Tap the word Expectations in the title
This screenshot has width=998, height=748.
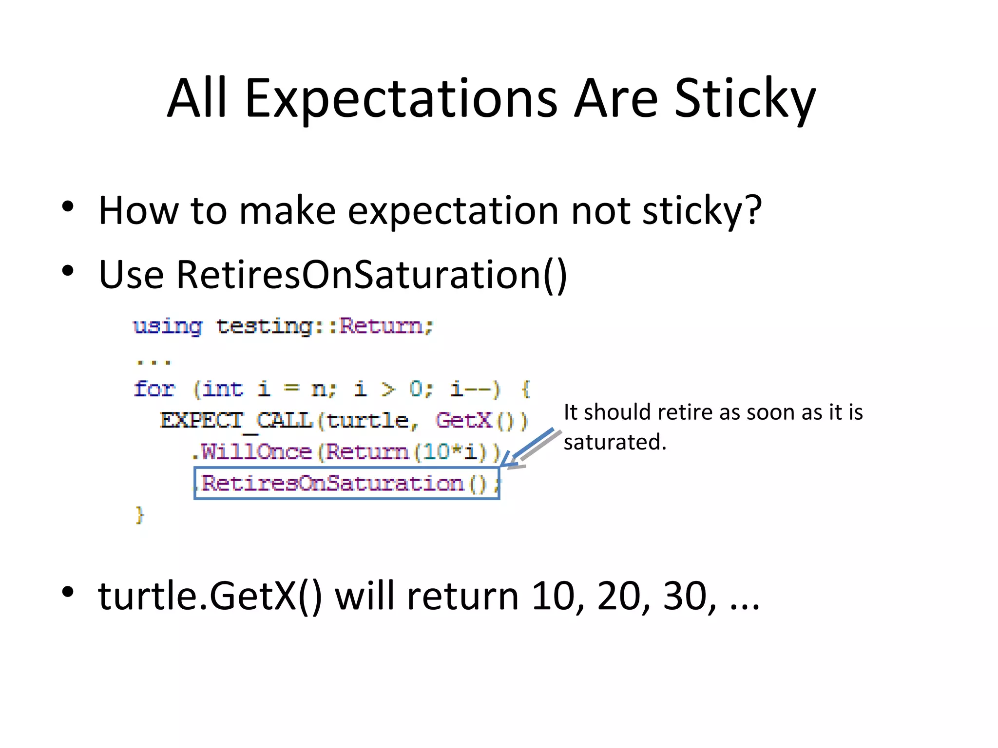(401, 99)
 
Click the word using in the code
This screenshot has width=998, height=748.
(168, 326)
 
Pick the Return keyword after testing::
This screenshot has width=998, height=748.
(382, 326)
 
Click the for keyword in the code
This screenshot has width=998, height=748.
(154, 389)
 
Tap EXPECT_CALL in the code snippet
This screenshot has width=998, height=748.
(236, 420)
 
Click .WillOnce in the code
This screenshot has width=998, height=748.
(251, 452)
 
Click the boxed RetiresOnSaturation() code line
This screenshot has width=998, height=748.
(346, 483)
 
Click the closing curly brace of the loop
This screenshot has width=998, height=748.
(139, 515)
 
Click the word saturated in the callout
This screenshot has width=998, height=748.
(614, 442)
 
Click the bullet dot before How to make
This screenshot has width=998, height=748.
(68, 206)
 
